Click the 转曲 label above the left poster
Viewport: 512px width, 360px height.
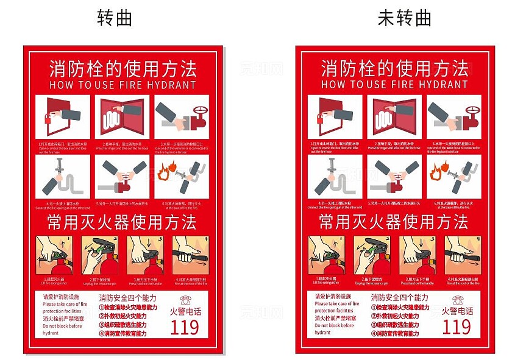point(115,18)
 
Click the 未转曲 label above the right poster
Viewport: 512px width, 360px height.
point(405,18)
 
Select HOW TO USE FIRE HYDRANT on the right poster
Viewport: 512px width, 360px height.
point(394,85)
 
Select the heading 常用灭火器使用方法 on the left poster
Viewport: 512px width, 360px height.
point(123,222)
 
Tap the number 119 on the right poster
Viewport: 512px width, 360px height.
point(457,326)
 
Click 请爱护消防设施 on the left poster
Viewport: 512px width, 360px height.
point(62,297)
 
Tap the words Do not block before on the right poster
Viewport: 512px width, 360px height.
point(335,326)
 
